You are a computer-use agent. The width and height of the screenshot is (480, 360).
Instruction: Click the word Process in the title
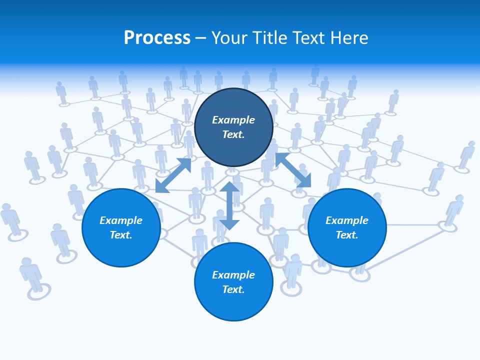point(157,38)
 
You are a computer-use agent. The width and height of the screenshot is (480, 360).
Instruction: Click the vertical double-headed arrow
point(229,205)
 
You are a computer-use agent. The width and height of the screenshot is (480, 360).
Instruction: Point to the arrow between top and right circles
point(293,170)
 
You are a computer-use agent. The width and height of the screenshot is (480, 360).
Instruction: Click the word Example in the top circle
point(233,120)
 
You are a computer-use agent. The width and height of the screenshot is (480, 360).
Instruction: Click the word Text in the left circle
point(121,235)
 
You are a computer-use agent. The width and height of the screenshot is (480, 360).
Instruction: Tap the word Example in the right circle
point(347,220)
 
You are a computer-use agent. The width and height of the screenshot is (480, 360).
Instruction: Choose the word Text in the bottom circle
point(233,289)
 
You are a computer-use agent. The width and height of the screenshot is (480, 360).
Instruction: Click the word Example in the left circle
point(121,220)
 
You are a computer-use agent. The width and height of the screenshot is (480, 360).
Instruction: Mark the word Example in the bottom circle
point(233,275)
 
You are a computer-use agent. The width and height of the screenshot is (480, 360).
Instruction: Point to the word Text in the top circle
point(233,134)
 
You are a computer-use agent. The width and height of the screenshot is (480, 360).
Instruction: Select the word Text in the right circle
point(347,235)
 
